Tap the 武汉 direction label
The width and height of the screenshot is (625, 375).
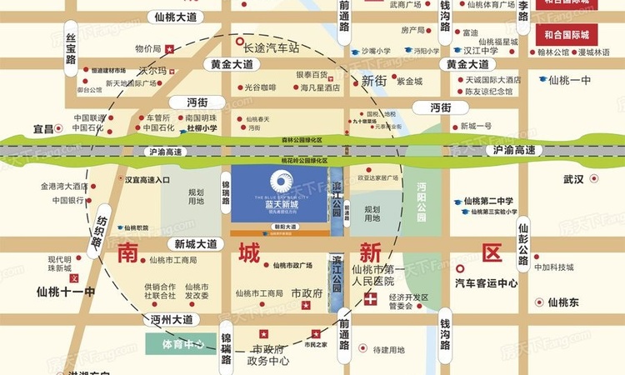point(573,179)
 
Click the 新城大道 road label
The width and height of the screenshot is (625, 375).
point(196,244)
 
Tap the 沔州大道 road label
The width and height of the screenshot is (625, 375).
point(173,319)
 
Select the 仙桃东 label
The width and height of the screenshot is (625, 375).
point(564,302)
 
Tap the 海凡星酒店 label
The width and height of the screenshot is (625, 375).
point(320,87)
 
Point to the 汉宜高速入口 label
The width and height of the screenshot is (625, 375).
point(147,179)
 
